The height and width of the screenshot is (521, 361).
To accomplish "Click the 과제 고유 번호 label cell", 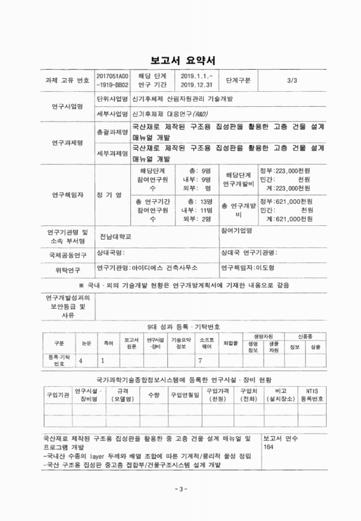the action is click(65, 80).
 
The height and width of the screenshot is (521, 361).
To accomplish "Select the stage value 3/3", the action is click(291, 80).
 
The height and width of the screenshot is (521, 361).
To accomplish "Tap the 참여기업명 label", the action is click(237, 231).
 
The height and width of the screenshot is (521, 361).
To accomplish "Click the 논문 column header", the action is click(86, 341).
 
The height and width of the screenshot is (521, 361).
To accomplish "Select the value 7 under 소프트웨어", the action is click(200, 359).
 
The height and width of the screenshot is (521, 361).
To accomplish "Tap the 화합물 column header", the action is click(230, 341).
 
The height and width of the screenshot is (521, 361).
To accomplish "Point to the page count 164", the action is click(269, 448).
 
